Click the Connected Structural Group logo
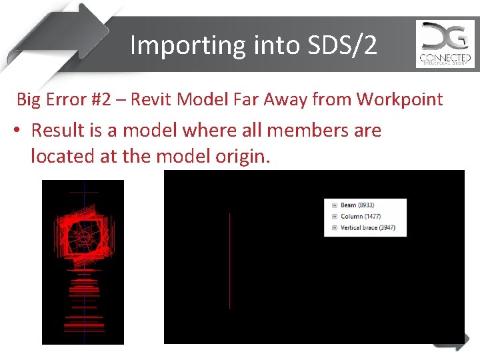pos(445,44)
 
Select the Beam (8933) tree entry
pos(357,205)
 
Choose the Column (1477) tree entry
pos(361,217)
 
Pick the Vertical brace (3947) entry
pos(368,228)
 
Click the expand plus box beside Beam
pos(334,205)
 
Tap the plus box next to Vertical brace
pos(334,228)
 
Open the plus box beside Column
pos(334,217)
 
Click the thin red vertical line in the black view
pos(230,260)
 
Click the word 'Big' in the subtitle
pos(29,100)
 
